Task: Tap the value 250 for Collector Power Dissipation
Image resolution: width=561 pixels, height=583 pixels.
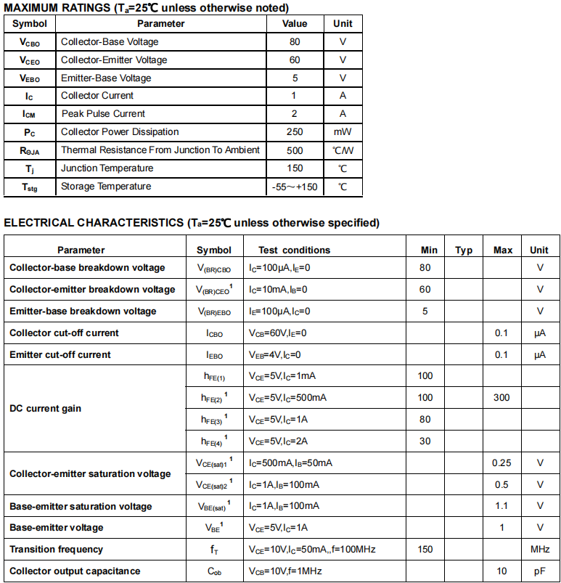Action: [x=294, y=132]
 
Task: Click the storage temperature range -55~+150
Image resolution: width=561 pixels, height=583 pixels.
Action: [x=294, y=187]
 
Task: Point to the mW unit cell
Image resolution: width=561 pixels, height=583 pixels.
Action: [x=343, y=132]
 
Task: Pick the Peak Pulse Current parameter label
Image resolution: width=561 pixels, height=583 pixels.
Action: [x=103, y=114]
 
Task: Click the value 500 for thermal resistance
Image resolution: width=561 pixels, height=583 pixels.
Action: [x=294, y=150]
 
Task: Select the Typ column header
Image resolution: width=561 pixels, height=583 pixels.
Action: [x=464, y=250]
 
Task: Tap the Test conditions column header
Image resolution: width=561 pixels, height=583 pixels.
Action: [x=294, y=250]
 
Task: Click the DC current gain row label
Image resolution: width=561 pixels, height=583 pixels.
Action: [x=45, y=408]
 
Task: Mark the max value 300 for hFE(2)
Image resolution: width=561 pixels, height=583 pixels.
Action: [x=501, y=397]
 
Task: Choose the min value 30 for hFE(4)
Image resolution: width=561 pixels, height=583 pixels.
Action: [x=425, y=441]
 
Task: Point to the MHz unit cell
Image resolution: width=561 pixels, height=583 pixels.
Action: [x=540, y=550]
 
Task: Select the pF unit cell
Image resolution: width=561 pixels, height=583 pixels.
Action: [x=540, y=571]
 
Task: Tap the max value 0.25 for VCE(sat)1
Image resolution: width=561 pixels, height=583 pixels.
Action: [x=501, y=462]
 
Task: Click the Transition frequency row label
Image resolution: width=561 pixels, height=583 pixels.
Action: [x=57, y=550]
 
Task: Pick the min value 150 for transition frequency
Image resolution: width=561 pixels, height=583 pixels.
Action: [x=425, y=550]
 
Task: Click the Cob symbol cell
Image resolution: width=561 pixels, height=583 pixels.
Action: [x=214, y=571]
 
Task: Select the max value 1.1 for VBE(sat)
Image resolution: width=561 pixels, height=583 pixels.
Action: [x=501, y=506]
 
